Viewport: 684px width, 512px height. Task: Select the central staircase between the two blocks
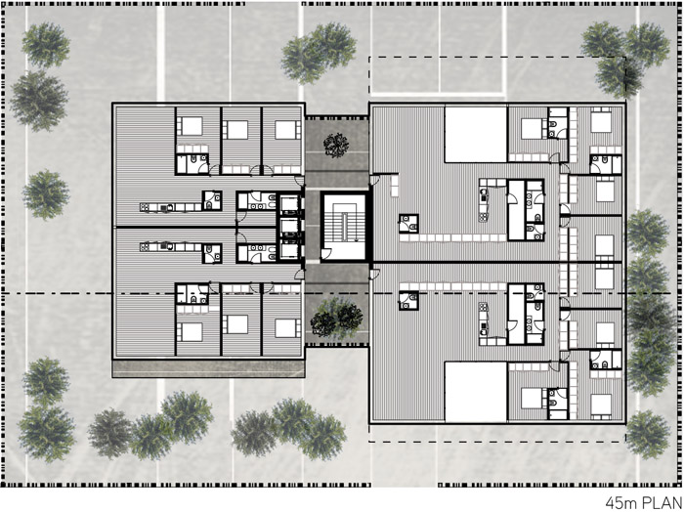(344, 228)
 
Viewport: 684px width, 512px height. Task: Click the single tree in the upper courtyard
(336, 146)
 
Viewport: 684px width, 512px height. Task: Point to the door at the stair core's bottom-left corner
(326, 254)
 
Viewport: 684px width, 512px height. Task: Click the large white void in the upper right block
(476, 135)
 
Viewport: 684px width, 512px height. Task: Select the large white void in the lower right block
(476, 391)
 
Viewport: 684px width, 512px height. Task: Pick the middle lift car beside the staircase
(289, 228)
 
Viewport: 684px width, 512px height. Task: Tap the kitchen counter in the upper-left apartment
(171, 207)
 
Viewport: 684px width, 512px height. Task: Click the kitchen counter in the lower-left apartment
(171, 247)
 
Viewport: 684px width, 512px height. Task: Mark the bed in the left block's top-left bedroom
(190, 126)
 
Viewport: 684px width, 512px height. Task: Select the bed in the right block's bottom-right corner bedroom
(602, 405)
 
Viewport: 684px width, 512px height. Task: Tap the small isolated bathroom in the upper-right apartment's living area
(408, 224)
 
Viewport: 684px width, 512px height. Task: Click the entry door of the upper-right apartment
(375, 180)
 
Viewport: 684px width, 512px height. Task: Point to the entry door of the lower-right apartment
(375, 275)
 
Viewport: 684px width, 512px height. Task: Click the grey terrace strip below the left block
(208, 368)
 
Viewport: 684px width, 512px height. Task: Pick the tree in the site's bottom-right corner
(648, 435)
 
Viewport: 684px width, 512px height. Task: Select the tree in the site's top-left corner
(45, 45)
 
